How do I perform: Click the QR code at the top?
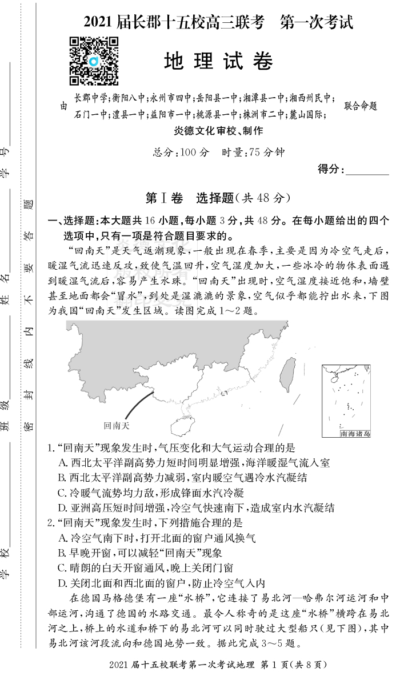[x=94, y=60]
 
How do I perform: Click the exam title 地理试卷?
[x=218, y=61]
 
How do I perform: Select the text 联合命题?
[x=361, y=106]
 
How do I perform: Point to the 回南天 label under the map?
[x=117, y=425]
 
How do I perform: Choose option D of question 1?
[x=197, y=507]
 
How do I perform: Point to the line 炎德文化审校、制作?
[x=219, y=131]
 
